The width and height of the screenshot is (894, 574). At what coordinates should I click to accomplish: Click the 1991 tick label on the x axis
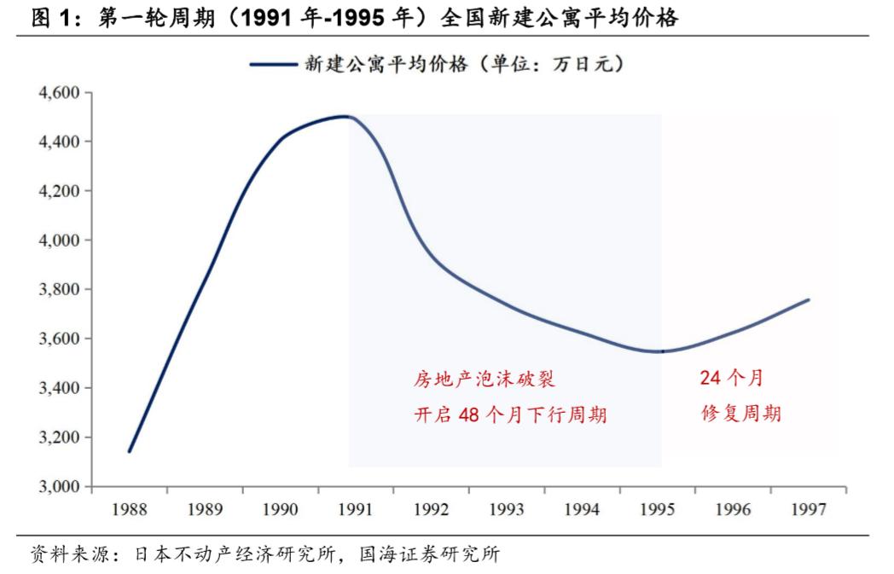point(356,509)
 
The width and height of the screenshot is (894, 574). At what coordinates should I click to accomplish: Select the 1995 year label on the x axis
point(657,509)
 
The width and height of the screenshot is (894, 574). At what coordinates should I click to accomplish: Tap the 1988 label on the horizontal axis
point(130,509)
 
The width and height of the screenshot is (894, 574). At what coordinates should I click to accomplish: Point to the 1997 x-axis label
point(808,509)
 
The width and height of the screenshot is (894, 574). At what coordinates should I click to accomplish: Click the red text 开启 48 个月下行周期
point(510,415)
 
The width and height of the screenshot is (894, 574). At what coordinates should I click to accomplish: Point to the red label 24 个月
point(731,378)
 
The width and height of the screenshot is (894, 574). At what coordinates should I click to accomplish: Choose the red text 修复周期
point(741,415)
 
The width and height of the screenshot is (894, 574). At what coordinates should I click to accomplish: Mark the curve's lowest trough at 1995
point(659,351)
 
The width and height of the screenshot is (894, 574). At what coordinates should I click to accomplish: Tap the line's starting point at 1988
point(129,451)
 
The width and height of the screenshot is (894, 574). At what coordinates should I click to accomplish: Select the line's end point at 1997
point(809,299)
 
